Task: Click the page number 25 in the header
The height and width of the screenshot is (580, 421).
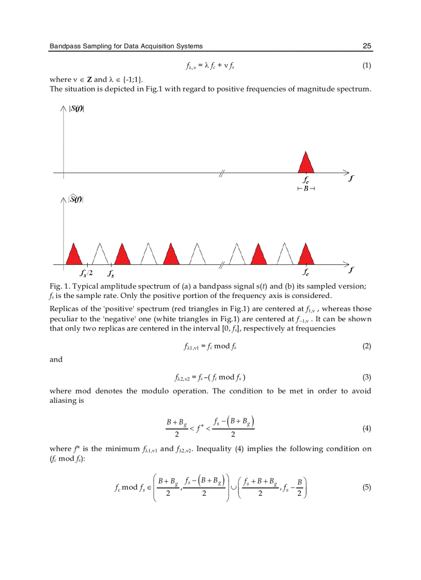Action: click(367, 46)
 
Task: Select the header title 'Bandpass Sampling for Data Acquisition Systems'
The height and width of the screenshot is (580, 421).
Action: click(126, 46)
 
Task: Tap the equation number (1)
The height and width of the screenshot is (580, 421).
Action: click(366, 66)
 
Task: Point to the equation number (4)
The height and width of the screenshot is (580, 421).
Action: click(366, 428)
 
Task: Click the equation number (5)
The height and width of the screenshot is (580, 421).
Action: click(366, 487)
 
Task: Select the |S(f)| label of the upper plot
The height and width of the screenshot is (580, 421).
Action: click(76, 108)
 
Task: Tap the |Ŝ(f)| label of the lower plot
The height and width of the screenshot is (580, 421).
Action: click(76, 199)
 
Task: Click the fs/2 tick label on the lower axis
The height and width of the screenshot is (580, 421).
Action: click(86, 273)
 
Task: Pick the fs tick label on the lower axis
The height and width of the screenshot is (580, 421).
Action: click(111, 273)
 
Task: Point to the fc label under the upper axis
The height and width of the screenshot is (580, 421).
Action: click(306, 181)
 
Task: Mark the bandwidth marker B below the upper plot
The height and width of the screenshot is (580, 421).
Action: click(306, 189)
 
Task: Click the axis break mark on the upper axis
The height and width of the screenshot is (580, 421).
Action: click(221, 173)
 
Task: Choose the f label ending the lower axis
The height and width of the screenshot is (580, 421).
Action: click(351, 270)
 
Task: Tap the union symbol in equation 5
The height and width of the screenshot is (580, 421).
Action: click(233, 487)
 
